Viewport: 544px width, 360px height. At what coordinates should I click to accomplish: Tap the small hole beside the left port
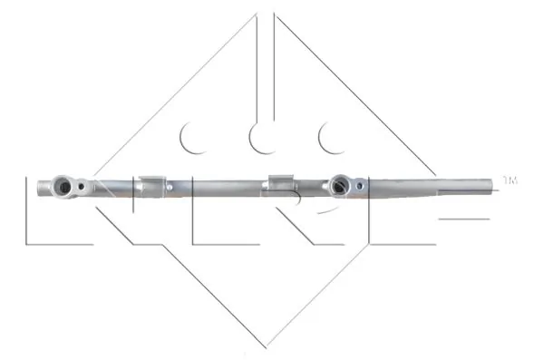point(83,188)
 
